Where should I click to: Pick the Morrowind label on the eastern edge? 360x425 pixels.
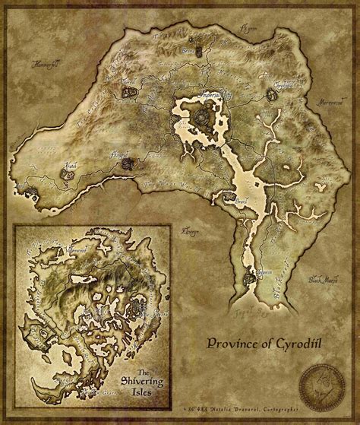point(335,100)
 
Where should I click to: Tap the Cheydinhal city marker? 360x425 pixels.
point(272,96)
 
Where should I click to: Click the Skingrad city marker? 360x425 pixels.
point(128,162)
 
